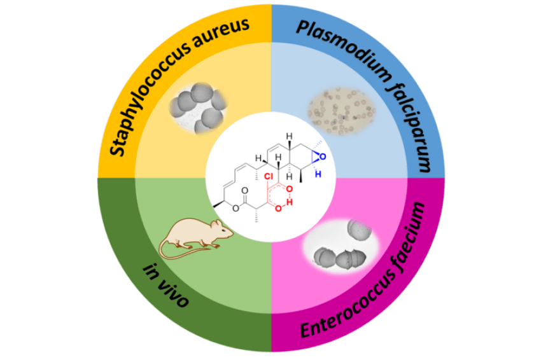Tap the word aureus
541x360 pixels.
[220, 31]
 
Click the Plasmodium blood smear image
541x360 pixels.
[341, 111]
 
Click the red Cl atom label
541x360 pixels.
[268, 176]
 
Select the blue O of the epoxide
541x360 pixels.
[323, 156]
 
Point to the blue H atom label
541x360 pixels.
[318, 174]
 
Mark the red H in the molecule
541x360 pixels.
[289, 202]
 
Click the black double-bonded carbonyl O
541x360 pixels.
[244, 190]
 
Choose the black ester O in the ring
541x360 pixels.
[235, 208]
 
